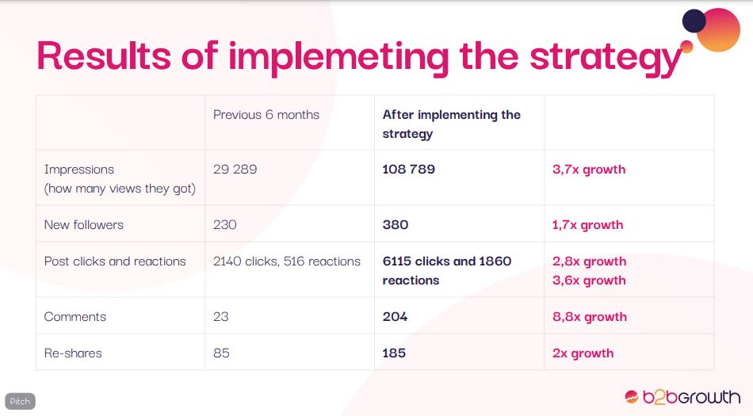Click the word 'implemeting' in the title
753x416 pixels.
point(338,58)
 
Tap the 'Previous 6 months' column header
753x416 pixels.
point(266,115)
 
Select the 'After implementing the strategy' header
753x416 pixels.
point(452,124)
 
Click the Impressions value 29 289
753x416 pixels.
point(235,169)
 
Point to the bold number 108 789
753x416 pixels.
point(409,169)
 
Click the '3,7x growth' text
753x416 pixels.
point(589,170)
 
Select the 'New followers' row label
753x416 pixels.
point(83,224)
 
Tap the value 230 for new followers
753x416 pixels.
point(225,224)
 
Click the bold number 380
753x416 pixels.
point(396,224)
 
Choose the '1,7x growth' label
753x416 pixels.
point(587,225)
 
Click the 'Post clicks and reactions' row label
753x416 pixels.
point(115,261)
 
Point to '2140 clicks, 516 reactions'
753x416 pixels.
point(287,261)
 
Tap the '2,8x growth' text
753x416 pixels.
point(589,261)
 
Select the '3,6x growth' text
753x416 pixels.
point(589,281)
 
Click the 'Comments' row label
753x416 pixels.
point(75,317)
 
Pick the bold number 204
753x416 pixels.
point(395,317)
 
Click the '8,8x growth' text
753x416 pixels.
point(590,317)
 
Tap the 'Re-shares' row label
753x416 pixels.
point(73,353)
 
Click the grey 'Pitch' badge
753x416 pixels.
point(20,401)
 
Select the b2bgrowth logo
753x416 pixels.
point(682,397)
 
